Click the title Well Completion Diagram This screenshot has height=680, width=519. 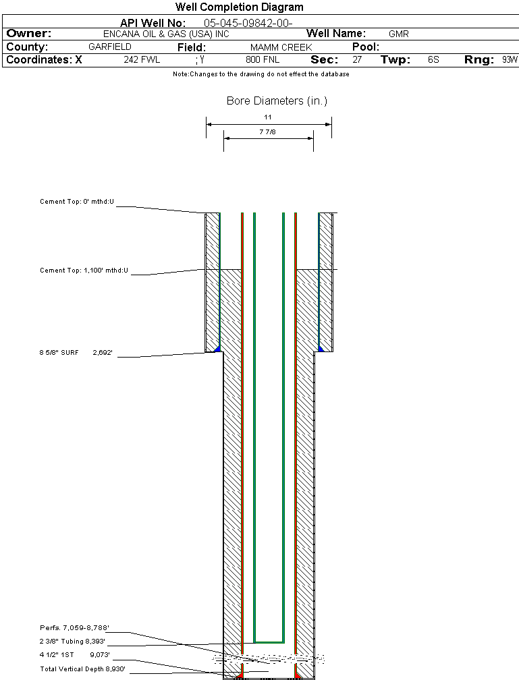(x=239, y=7)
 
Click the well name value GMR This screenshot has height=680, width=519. (x=399, y=34)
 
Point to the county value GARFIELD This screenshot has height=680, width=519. (x=110, y=47)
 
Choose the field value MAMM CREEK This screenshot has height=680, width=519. (x=281, y=47)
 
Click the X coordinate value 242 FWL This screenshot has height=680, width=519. (x=142, y=60)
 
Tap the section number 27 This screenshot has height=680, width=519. (x=357, y=60)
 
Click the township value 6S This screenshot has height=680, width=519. (x=433, y=60)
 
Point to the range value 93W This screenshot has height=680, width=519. (x=510, y=60)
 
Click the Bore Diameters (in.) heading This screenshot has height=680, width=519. (x=277, y=101)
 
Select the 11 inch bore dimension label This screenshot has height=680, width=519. (x=268, y=117)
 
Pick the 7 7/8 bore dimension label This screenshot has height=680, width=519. (x=268, y=132)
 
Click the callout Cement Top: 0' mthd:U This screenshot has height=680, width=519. (x=77, y=202)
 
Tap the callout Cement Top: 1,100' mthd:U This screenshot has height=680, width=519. (x=84, y=271)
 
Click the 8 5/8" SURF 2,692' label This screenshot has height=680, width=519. (x=80, y=352)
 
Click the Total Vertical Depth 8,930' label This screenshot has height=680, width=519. (x=82, y=669)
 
